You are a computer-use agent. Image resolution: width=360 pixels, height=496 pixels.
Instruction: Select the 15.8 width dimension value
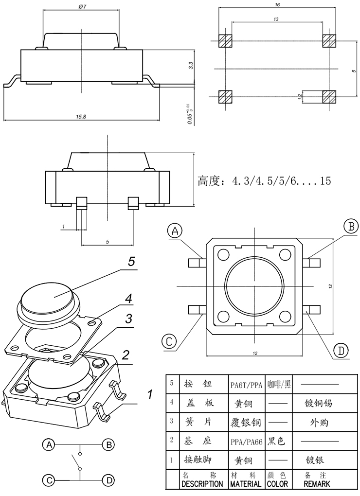pos(81,117)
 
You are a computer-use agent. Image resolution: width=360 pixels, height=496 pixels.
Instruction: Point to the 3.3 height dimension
pos(191,65)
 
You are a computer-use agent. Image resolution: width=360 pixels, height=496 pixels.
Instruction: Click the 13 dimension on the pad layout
pos(276,19)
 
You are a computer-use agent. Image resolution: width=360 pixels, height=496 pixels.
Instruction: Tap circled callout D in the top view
pos(341,351)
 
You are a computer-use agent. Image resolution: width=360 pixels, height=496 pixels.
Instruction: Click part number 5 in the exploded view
pos(131,261)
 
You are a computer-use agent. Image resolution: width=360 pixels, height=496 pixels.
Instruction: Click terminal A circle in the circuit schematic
pos(48,444)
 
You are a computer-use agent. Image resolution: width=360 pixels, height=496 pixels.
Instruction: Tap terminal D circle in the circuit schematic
pos(109,480)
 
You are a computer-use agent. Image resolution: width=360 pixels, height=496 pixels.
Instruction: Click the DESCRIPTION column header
pos(202,484)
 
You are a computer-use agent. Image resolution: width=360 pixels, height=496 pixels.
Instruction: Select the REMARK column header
pos(317,484)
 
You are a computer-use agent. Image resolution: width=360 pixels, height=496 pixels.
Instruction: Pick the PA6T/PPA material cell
pos(247,385)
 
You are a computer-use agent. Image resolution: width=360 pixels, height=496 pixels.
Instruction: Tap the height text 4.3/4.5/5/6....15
pos(264,181)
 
